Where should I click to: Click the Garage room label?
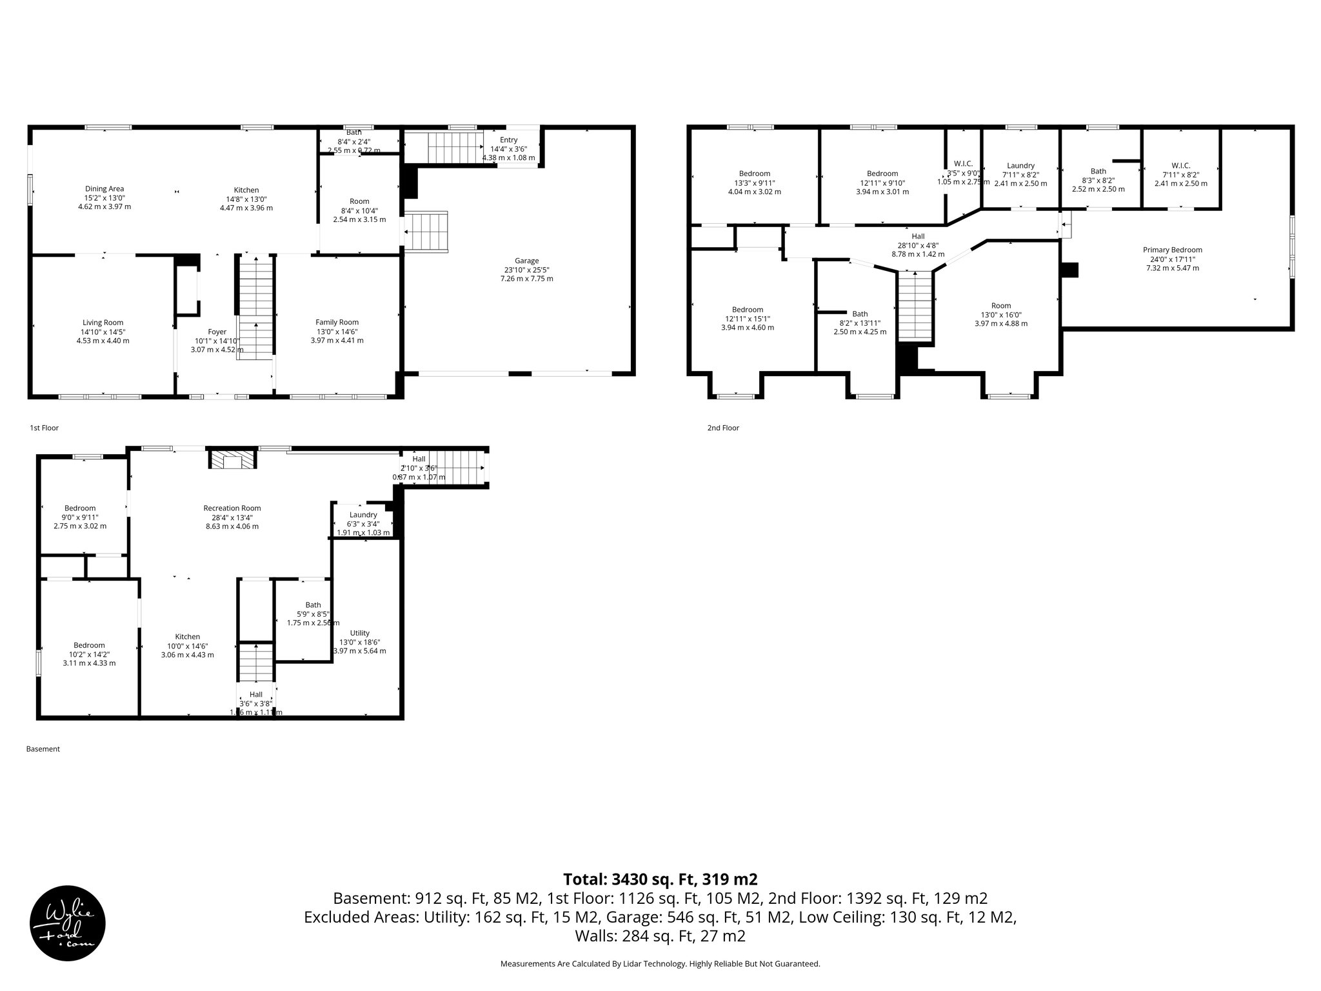tap(526, 261)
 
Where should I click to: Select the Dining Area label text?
tap(104, 189)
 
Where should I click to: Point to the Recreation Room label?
tap(232, 508)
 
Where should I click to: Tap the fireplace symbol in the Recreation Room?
tap(232, 460)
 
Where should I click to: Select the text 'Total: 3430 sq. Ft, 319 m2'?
tap(660, 879)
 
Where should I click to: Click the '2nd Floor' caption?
tap(722, 428)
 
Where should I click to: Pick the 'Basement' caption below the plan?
tap(43, 749)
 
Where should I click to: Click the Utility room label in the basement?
tap(360, 633)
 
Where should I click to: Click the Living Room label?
tap(103, 323)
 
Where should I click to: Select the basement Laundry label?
tap(363, 515)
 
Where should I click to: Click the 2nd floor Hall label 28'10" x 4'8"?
tap(918, 245)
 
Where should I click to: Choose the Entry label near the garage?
tap(508, 140)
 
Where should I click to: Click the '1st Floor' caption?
tap(44, 428)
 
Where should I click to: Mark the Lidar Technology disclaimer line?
tap(660, 964)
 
